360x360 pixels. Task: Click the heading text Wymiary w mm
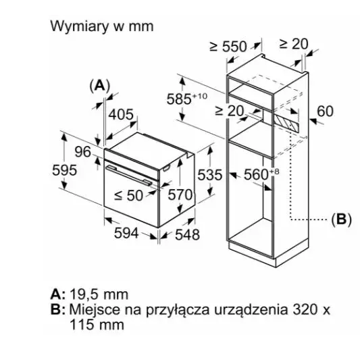click(102, 26)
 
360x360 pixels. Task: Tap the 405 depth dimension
click(121, 114)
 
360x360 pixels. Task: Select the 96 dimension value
click(83, 152)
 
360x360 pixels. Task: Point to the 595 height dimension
click(64, 170)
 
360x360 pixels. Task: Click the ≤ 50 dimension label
click(129, 196)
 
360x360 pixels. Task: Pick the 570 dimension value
click(180, 195)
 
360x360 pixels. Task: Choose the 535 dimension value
click(210, 174)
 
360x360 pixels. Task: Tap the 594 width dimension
click(126, 233)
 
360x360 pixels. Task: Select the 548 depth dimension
click(187, 234)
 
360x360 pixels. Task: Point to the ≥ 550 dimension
click(228, 47)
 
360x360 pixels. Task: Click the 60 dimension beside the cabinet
click(325, 111)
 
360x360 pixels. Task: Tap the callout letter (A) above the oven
click(100, 86)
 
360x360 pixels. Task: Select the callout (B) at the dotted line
click(341, 220)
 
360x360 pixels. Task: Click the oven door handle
click(129, 175)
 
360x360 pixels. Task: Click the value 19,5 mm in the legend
click(99, 294)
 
